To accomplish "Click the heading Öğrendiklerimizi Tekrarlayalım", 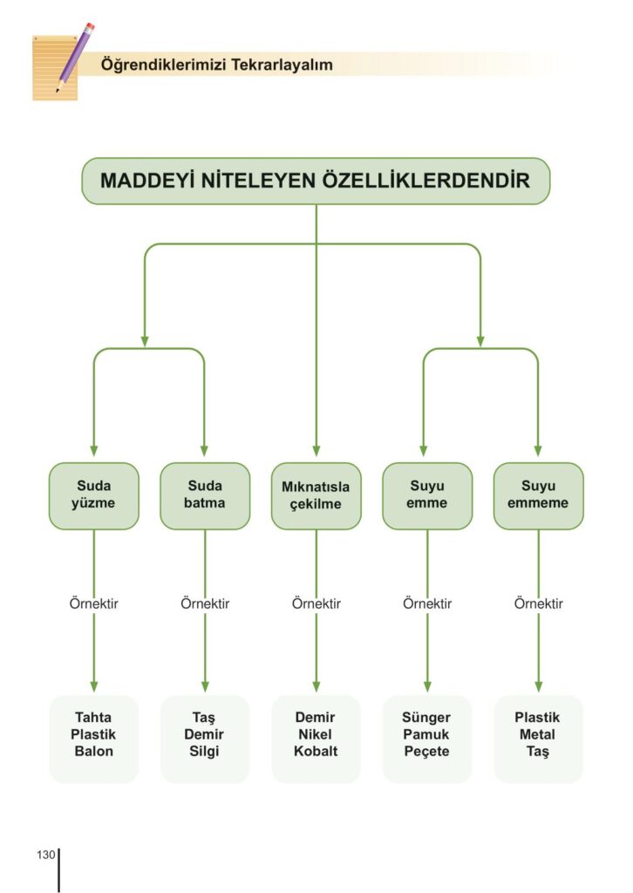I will [x=217, y=65].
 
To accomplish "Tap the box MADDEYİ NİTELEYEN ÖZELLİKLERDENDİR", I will [x=316, y=181].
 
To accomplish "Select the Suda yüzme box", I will [x=94, y=495].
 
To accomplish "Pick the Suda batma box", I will [x=205, y=495].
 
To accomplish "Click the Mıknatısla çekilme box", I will [x=316, y=495].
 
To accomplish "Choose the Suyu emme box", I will [x=427, y=495].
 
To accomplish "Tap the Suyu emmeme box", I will [x=538, y=495].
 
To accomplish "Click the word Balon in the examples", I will [x=94, y=751].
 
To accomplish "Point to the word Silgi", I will [x=205, y=751].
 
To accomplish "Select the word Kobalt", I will [x=316, y=751].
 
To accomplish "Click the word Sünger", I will [x=426, y=718].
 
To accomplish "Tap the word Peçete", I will [x=426, y=751].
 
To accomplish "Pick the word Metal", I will [x=537, y=734].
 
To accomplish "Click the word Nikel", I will [x=316, y=734].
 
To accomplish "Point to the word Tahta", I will [x=94, y=718].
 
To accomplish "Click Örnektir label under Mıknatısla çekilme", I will [x=316, y=603].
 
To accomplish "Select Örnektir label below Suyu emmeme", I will [x=538, y=603].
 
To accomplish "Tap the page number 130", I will [x=46, y=854].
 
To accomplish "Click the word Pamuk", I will [x=426, y=734].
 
